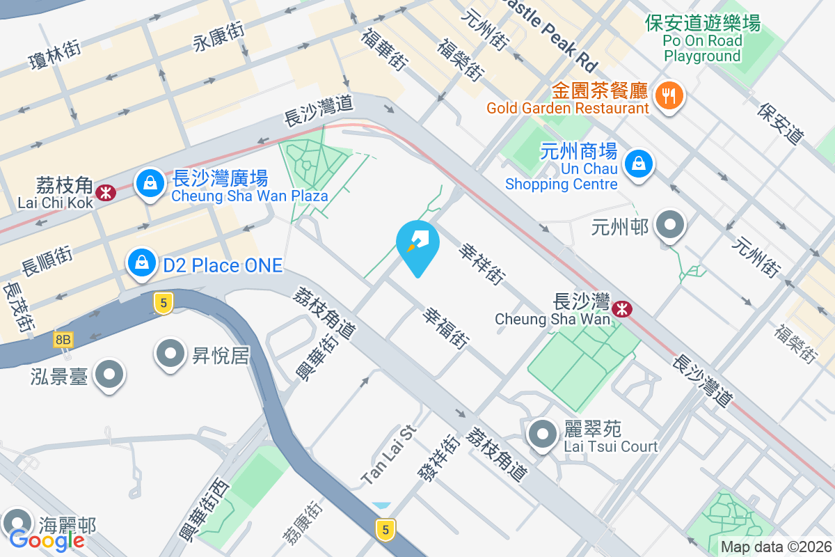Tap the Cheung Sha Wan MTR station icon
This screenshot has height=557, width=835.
pyautogui.click(x=623, y=308)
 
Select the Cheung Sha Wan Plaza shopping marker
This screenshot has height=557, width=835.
pyautogui.click(x=150, y=184)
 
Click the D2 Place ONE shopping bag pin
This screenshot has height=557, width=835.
pyautogui.click(x=141, y=263)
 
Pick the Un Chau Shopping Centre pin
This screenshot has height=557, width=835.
pyautogui.click(x=637, y=164)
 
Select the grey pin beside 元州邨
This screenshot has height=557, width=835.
pyautogui.click(x=671, y=226)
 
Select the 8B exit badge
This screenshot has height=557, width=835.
pyautogui.click(x=63, y=340)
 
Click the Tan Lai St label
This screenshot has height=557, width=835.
pyautogui.click(x=388, y=456)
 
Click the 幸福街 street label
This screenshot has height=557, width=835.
pyautogui.click(x=446, y=329)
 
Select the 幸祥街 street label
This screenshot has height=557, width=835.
pyautogui.click(x=482, y=264)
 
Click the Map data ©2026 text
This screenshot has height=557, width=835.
pyautogui.click(x=775, y=547)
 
